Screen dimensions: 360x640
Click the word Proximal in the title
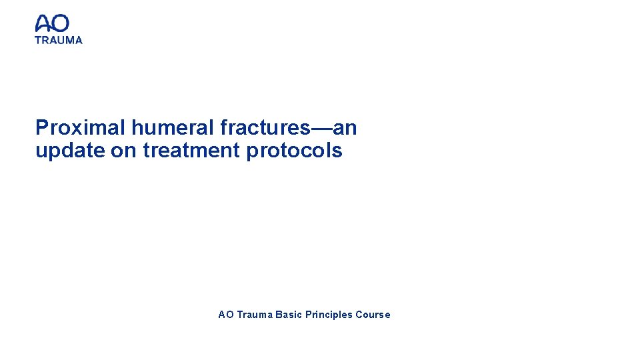pos(81,127)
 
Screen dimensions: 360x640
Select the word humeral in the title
pos(169,127)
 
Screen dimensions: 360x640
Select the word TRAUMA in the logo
pos(59,40)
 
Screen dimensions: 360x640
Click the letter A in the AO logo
pos(43,24)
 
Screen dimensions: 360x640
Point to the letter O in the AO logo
pos(60,24)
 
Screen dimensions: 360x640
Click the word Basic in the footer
pos(288,315)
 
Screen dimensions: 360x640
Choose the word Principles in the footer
pos(329,315)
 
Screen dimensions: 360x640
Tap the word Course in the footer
pos(373,315)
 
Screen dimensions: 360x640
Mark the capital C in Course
pos(359,315)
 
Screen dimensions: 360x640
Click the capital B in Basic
pos(278,315)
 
